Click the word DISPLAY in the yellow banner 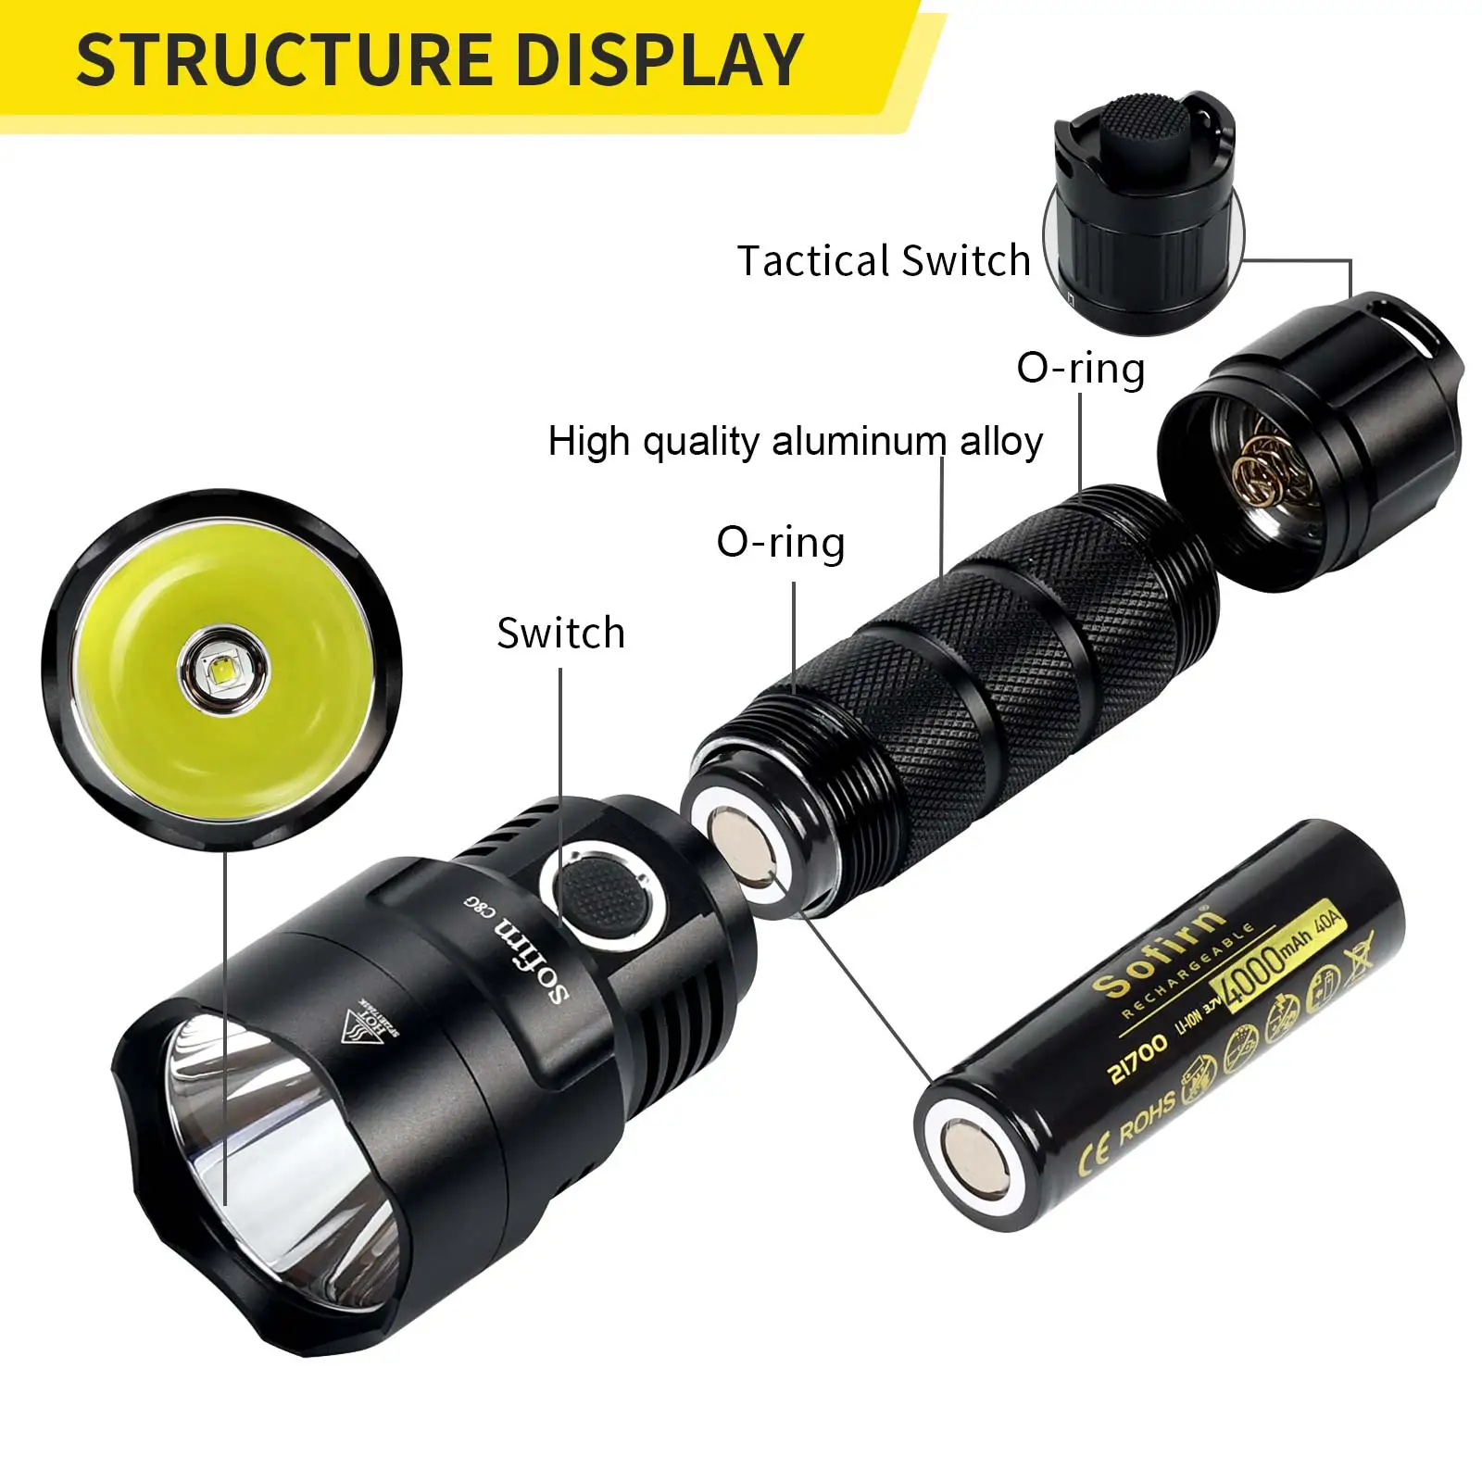point(659,59)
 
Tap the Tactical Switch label point(884,260)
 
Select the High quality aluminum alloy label point(795,441)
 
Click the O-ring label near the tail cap point(1081,369)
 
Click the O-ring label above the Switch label point(781,543)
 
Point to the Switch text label point(561,634)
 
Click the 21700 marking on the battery point(1138,1058)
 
